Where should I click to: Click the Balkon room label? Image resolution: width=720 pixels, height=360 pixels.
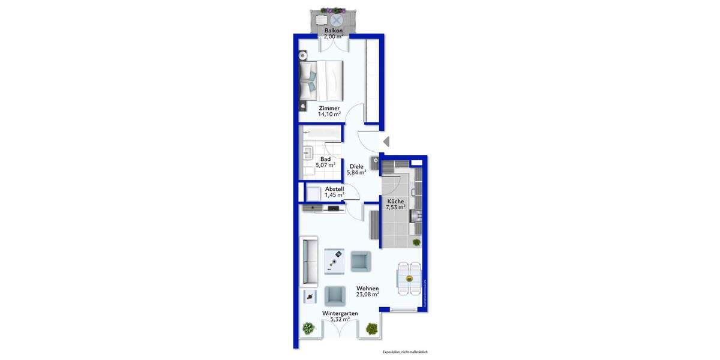click(334, 30)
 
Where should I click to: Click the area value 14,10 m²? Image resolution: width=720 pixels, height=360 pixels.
click(329, 114)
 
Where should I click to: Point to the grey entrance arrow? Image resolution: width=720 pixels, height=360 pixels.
click(386, 142)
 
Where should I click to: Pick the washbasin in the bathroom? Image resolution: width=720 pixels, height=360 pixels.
click(307, 152)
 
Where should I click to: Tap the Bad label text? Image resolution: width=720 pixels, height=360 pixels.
click(325, 159)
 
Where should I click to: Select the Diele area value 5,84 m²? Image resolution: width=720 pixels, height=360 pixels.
click(356, 173)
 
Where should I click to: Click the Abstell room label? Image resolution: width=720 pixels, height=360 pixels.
click(334, 188)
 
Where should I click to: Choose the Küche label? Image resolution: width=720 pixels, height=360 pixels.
click(395, 202)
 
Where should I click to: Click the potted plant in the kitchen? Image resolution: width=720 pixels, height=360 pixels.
click(416, 242)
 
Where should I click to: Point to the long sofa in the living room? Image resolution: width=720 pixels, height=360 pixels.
click(309, 262)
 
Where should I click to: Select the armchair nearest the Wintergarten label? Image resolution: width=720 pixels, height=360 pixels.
click(334, 295)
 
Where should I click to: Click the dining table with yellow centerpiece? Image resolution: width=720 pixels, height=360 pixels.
click(410, 279)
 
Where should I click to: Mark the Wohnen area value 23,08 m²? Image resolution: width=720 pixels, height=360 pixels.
click(367, 295)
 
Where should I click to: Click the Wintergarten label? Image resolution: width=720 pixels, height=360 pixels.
click(340, 313)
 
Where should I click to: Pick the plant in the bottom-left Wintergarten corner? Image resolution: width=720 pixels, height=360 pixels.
click(308, 328)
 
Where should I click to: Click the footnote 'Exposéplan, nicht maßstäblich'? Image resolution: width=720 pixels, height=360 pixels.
click(405, 352)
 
